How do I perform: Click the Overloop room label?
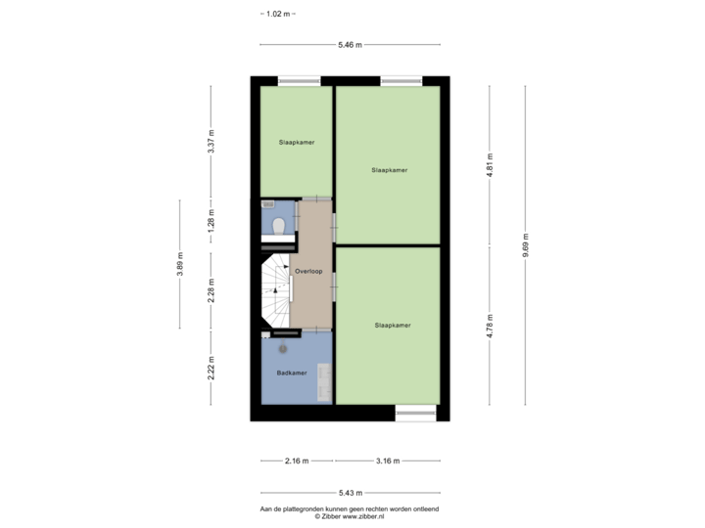pyautogui.click(x=308, y=271)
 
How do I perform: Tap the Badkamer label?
pyautogui.click(x=292, y=373)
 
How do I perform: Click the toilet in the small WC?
pyautogui.click(x=279, y=226)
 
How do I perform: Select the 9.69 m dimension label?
pyautogui.click(x=525, y=245)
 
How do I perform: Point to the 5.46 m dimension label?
pyautogui.click(x=350, y=44)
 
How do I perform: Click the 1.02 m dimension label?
pyautogui.click(x=278, y=14)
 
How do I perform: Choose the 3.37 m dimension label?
pyautogui.click(x=211, y=142)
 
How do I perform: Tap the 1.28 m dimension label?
pyautogui.click(x=211, y=220)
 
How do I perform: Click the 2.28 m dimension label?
pyautogui.click(x=211, y=291)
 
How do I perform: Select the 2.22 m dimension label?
pyautogui.click(x=211, y=369)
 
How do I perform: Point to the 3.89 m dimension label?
pyautogui.click(x=180, y=264)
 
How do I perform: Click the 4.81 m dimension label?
pyautogui.click(x=490, y=165)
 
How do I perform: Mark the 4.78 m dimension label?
pyautogui.click(x=490, y=326)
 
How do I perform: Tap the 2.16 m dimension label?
pyautogui.click(x=297, y=461)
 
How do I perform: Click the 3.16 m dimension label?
pyautogui.click(x=388, y=461)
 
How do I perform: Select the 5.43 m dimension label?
pyautogui.click(x=351, y=493)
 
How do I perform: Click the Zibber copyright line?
pyautogui.click(x=350, y=517)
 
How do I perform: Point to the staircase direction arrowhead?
pyautogui.click(x=275, y=290)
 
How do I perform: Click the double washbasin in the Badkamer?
pyautogui.click(x=324, y=382)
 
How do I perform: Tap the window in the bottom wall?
pyautogui.click(x=415, y=413)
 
